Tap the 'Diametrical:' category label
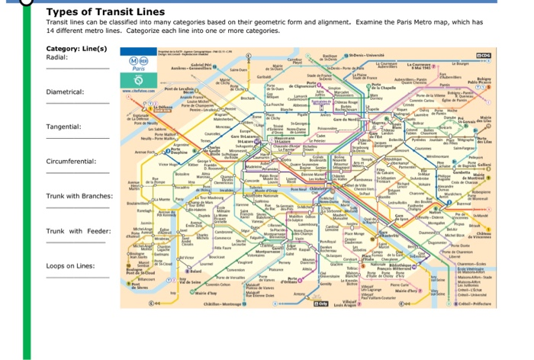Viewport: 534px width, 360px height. pyautogui.click(x=65, y=92)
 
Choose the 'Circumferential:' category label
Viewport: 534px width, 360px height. pyautogui.click(x=70, y=161)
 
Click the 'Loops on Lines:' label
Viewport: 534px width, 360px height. pyautogui.click(x=69, y=265)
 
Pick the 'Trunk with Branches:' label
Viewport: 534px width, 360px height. pyautogui.click(x=79, y=196)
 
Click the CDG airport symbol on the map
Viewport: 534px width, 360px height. pyautogui.click(x=483, y=55)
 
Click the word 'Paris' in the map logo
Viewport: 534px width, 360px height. pyautogui.click(x=138, y=69)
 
